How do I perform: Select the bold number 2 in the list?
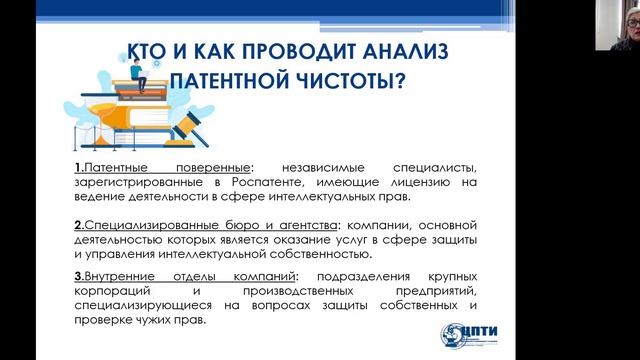77,227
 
